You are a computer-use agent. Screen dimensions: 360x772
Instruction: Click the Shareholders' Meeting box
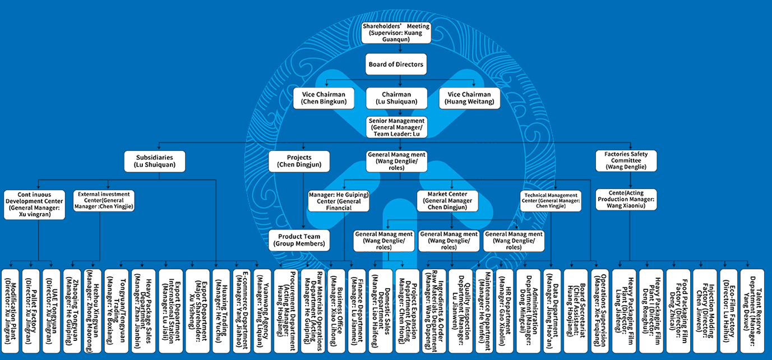[396, 33]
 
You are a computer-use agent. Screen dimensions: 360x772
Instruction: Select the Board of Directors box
[396, 64]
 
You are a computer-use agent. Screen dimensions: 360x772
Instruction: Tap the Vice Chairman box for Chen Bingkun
[324, 98]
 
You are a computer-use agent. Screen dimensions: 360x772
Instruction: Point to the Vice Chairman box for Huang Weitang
[469, 98]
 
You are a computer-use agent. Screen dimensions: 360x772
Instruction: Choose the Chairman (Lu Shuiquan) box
[396, 98]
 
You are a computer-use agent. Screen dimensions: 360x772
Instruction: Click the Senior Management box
[396, 128]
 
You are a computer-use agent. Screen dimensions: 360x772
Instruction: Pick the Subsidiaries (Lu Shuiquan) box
[154, 161]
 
